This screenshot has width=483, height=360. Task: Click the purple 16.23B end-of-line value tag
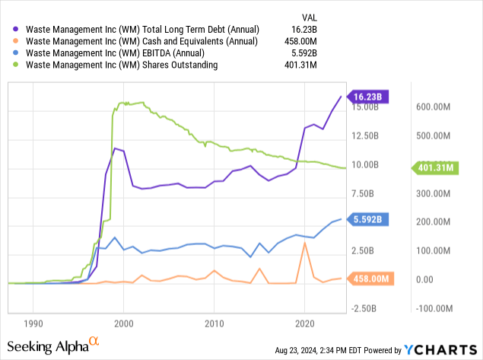click(369, 97)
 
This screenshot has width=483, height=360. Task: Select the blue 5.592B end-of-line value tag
click(369, 219)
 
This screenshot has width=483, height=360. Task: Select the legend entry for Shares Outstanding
click(122, 65)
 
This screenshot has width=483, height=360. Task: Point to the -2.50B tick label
click(369, 308)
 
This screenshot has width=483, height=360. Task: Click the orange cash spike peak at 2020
click(305, 243)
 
